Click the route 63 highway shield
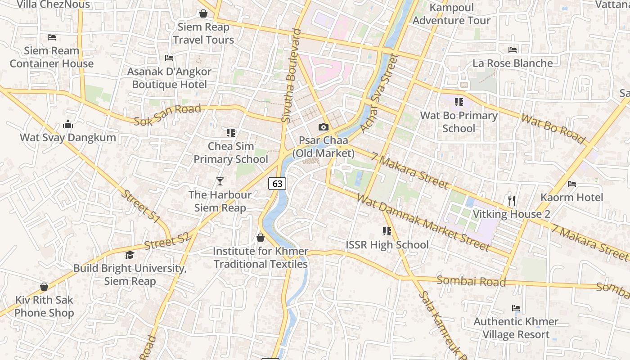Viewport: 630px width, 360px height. pyautogui.click(x=277, y=183)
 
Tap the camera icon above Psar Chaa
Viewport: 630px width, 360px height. pyautogui.click(x=323, y=127)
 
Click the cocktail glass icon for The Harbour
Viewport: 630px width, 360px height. pyautogui.click(x=220, y=181)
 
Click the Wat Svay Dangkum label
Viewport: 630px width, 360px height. pyautogui.click(x=68, y=137)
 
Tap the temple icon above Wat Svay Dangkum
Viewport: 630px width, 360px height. pyautogui.click(x=68, y=124)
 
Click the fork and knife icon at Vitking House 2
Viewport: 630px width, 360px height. pyautogui.click(x=511, y=200)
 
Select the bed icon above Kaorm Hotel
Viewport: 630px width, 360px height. pyautogui.click(x=571, y=184)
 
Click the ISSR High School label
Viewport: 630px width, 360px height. pyautogui.click(x=387, y=245)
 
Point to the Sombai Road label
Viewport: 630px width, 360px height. pyautogui.click(x=471, y=281)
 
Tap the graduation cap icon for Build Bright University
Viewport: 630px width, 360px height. pyautogui.click(x=130, y=255)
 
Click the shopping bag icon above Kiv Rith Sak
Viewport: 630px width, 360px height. pyautogui.click(x=44, y=287)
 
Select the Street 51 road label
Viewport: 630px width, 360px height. pyautogui.click(x=141, y=207)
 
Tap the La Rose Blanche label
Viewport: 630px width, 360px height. pyautogui.click(x=512, y=63)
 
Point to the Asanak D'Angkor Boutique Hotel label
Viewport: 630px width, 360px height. pyautogui.click(x=169, y=78)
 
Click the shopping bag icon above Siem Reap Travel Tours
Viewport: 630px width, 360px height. pyautogui.click(x=203, y=13)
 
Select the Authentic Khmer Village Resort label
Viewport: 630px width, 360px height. pyautogui.click(x=516, y=328)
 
